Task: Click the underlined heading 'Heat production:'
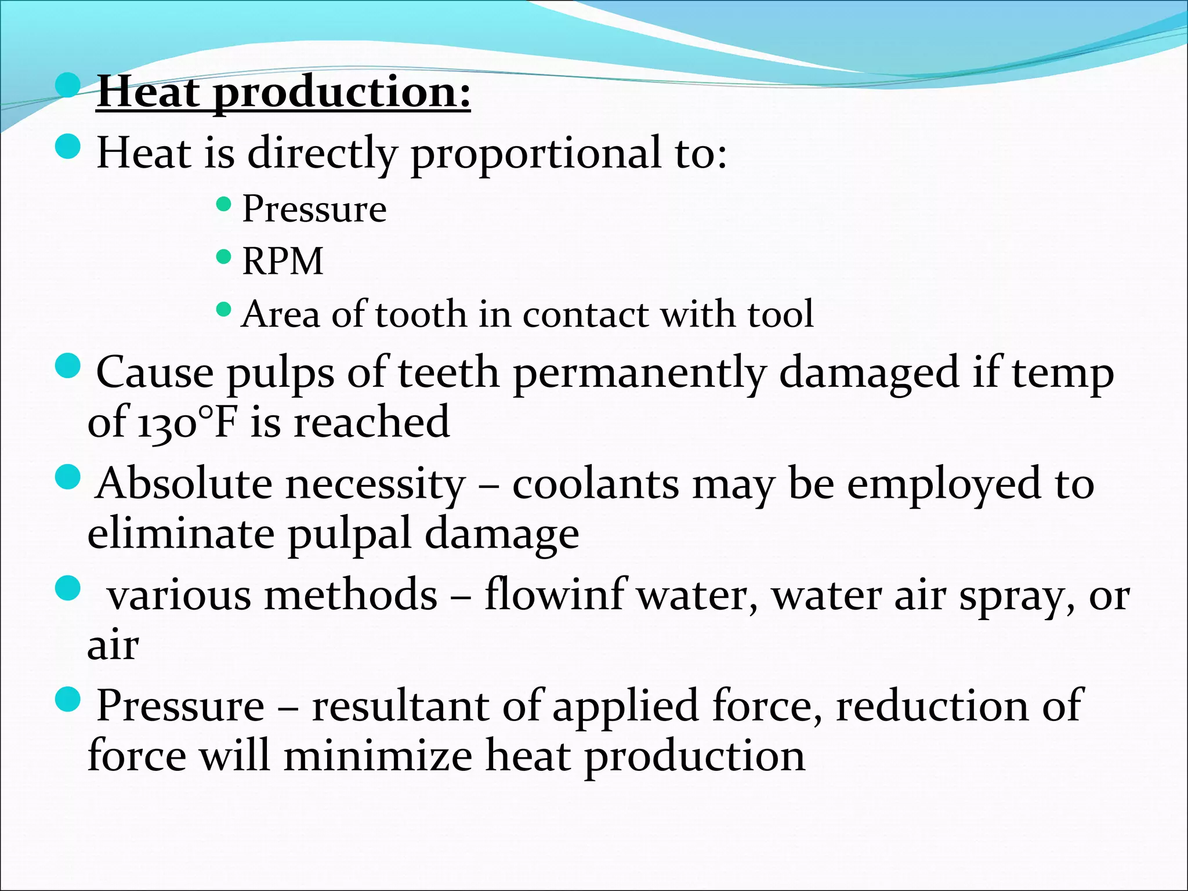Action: tap(284, 92)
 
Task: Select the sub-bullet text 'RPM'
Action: tap(282, 261)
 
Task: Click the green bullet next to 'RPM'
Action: tap(223, 256)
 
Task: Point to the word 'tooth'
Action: tap(421, 314)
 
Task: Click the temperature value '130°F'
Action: tap(186, 422)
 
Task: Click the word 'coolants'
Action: tap(595, 484)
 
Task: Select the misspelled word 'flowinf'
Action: tap(555, 595)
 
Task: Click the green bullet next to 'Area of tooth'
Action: tap(223, 309)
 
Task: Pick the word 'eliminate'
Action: tap(180, 534)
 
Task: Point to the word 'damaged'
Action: tap(868, 373)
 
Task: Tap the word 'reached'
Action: tap(371, 422)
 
